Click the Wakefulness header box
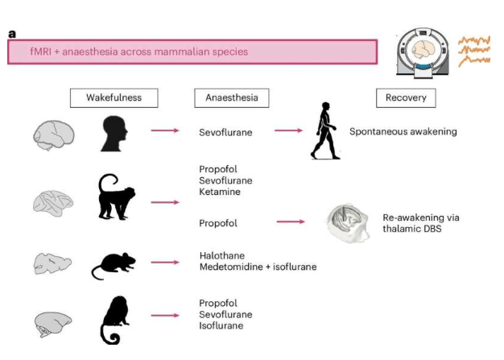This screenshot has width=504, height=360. tap(114, 98)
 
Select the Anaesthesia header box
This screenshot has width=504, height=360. tap(231, 98)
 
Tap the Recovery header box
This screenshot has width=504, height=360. tap(406, 98)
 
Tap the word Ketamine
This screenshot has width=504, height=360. tap(220, 192)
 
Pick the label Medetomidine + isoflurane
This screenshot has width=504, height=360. tap(258, 267)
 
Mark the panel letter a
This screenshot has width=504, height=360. tap(12, 34)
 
